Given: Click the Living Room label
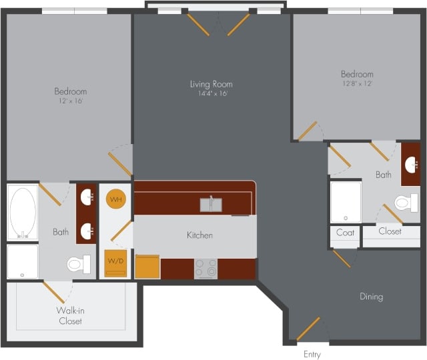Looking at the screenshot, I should point(211,84).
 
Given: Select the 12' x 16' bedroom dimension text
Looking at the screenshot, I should point(70,101).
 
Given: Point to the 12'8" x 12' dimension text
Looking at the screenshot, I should point(357,84).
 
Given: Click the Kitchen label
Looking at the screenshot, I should point(199,235).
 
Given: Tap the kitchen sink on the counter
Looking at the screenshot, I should point(211,204).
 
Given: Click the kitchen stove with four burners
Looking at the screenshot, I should point(205,268).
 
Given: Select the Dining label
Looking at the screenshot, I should point(371,297).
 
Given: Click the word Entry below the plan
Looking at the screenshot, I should point(312,354).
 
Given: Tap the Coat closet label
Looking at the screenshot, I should point(345,233).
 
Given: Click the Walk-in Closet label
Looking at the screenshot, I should point(70,315).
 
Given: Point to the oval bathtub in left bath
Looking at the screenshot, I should point(23,212).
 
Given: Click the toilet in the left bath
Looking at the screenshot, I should point(78,265).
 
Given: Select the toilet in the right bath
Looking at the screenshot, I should point(404,202).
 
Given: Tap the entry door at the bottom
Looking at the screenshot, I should point(308,329).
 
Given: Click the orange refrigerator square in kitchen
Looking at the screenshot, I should point(147,267).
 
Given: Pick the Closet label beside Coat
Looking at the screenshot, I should point(390,231).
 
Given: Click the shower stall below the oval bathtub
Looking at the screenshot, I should point(23,261).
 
